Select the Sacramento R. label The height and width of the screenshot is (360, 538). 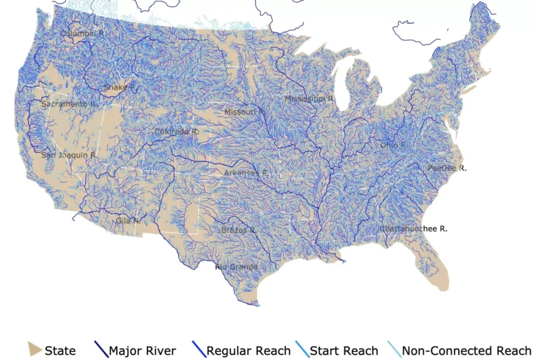tap(69, 104)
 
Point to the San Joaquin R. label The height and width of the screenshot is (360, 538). tap(68, 155)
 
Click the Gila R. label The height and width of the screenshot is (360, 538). tap(128, 220)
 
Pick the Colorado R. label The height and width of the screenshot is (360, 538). tap(177, 132)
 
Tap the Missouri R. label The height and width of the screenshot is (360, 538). tap(245, 112)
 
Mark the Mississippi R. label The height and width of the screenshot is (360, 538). tap(310, 98)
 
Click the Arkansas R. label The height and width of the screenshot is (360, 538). tap(246, 173)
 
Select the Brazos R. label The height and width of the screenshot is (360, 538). tap(239, 230)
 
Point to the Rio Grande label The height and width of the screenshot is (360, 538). tap(236, 266)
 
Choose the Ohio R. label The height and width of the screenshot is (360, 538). tap(394, 146)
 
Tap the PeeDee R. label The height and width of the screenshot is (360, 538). tap(447, 169)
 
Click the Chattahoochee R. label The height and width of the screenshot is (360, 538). tap(414, 229)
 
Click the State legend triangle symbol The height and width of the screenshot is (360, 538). tap(34, 350)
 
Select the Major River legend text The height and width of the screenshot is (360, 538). tap(143, 350)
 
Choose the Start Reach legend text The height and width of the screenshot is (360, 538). tap(344, 350)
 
